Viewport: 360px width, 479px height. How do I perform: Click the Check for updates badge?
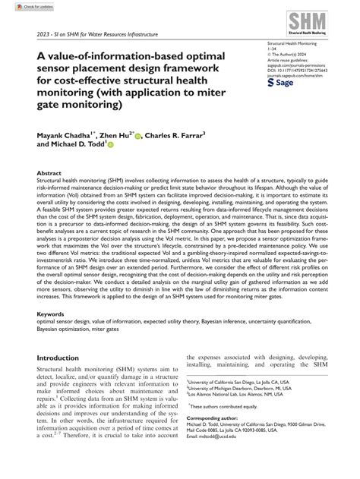click(x=19, y=6)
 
